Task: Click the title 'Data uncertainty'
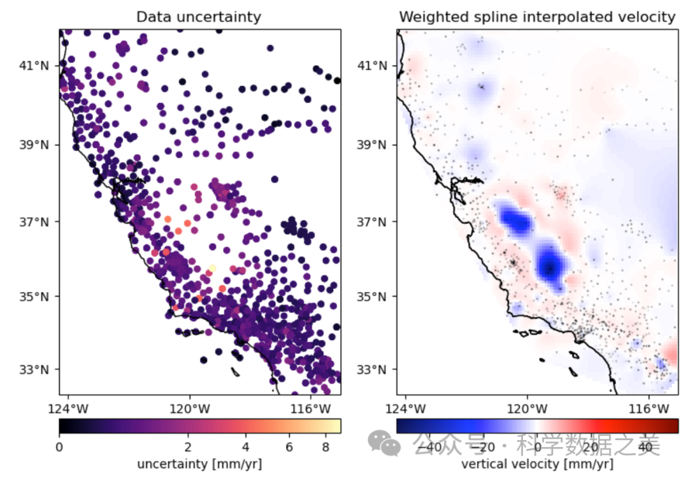click(199, 17)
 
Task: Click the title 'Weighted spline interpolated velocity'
click(537, 17)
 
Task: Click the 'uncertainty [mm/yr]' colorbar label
click(199, 463)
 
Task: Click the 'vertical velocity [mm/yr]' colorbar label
click(537, 463)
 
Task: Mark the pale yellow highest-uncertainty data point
click(212, 269)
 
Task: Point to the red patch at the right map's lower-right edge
click(671, 352)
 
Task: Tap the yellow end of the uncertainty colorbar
click(336, 426)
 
